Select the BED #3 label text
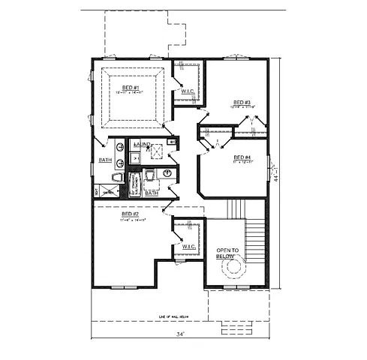[241, 103]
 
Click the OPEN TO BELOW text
[228, 253]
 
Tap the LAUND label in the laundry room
[143, 142]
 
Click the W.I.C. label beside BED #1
[188, 91]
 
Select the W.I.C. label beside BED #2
[188, 246]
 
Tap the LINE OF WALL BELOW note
[180, 318]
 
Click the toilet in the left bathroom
[117, 177]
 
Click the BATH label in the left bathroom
[106, 160]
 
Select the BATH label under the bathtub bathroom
[152, 193]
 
